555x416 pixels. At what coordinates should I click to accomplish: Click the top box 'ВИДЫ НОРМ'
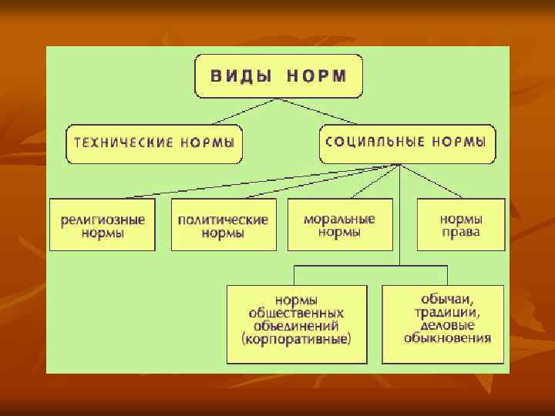pyautogui.click(x=278, y=76)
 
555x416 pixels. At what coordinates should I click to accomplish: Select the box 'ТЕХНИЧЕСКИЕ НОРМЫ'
pyautogui.click(x=154, y=144)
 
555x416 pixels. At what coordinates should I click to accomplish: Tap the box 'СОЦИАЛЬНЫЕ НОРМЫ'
pyautogui.click(x=406, y=143)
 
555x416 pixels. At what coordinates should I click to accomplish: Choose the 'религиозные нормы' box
pyautogui.click(x=103, y=225)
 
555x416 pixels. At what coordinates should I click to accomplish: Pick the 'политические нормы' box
pyautogui.click(x=223, y=225)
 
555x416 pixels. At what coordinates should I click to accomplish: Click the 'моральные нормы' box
pyautogui.click(x=340, y=225)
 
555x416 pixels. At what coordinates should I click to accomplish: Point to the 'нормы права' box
pyautogui.click(x=461, y=225)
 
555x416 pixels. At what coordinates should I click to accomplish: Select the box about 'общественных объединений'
pyautogui.click(x=296, y=324)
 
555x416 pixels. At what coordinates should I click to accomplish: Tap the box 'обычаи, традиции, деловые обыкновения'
pyautogui.click(x=442, y=324)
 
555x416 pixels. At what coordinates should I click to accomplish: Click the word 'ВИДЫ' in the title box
pyautogui.click(x=237, y=76)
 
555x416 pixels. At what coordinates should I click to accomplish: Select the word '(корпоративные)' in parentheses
pyautogui.click(x=296, y=339)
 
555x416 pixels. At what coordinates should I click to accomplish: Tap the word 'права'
pyautogui.click(x=461, y=232)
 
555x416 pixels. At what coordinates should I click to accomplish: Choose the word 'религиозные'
pyautogui.click(x=103, y=219)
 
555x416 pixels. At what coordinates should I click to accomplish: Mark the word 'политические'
pyautogui.click(x=223, y=219)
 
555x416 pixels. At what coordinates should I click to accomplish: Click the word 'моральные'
pyautogui.click(x=340, y=219)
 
